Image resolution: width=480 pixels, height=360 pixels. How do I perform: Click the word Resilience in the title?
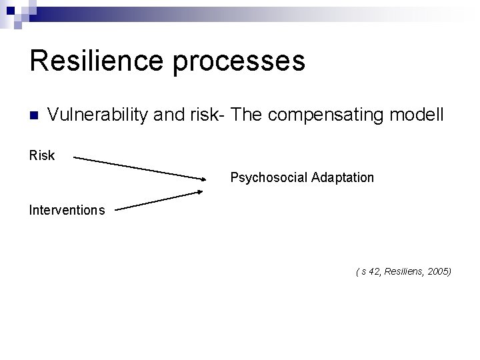96,61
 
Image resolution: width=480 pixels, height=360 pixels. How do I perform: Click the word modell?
421,115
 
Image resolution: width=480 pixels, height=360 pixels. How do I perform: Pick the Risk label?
42,156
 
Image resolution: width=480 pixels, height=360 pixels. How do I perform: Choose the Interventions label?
67,211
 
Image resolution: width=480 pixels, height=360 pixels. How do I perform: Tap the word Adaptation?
343,178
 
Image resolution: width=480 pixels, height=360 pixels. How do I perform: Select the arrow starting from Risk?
140,168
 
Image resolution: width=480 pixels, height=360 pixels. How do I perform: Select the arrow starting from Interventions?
159,201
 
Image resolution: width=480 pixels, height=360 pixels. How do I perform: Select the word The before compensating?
248,115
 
